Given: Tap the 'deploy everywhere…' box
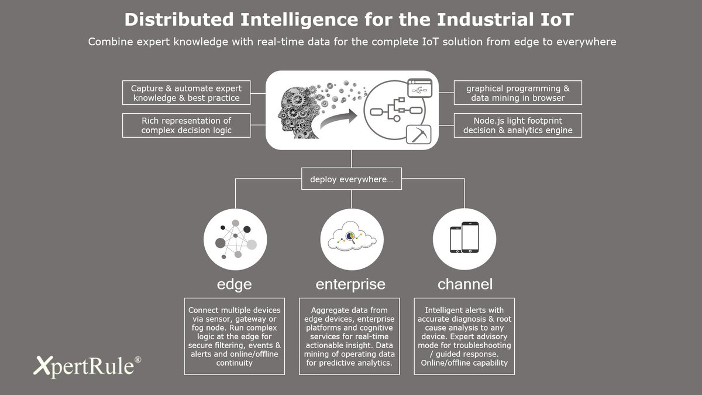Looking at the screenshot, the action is tap(351, 179).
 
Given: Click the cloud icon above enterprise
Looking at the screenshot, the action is tap(352, 237).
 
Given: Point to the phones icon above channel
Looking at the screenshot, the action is tap(464, 237).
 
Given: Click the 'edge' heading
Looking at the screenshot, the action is tap(234, 284).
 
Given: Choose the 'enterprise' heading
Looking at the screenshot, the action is tap(351, 284).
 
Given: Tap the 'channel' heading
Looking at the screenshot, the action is tap(465, 284).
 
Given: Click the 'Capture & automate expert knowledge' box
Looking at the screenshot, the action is tap(187, 93).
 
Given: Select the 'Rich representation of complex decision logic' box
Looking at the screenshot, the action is tap(187, 125).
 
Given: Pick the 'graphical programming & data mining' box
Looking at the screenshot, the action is tap(518, 93).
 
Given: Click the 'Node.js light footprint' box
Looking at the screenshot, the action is tap(518, 125).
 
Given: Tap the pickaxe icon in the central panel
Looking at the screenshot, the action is tap(418, 135).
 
